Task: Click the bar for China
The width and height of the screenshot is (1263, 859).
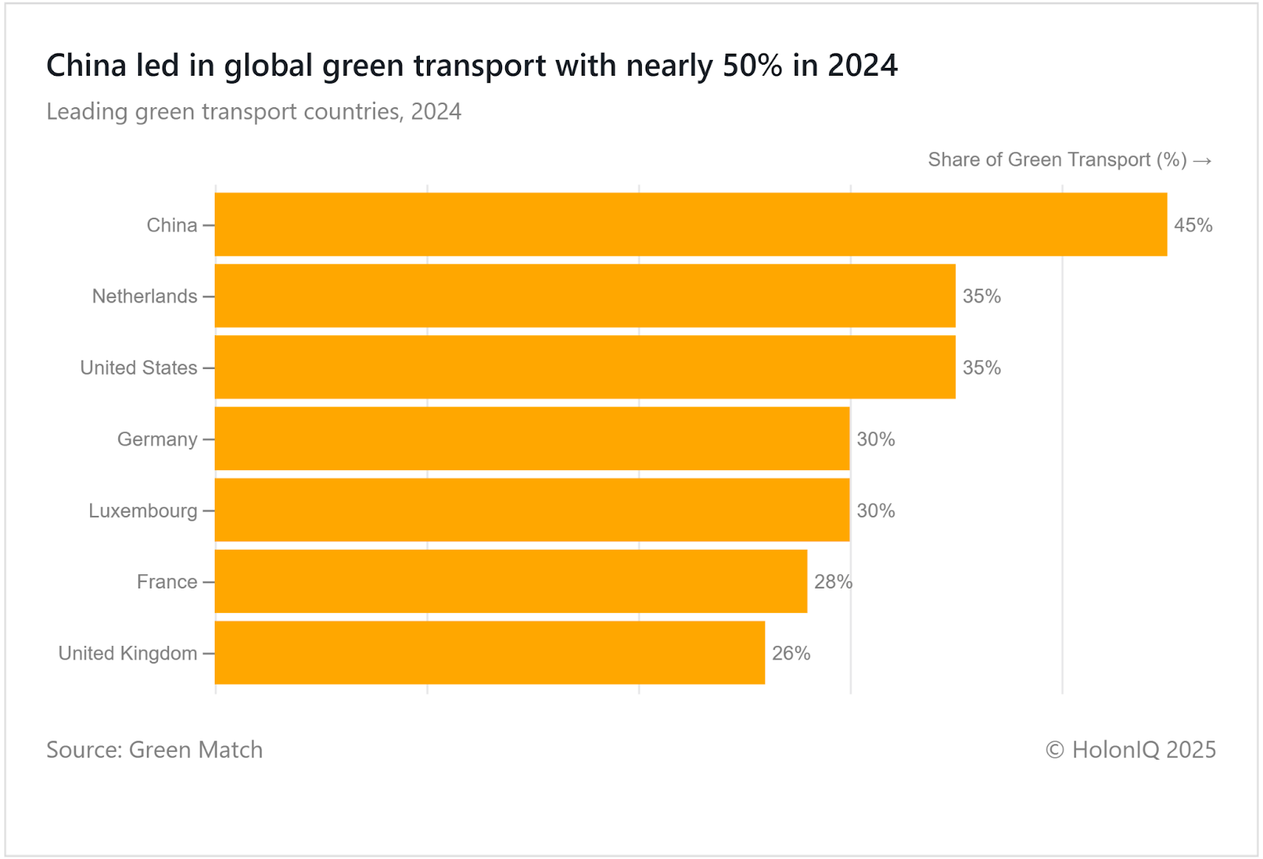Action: pos(691,225)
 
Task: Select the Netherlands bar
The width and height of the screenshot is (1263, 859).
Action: pos(585,296)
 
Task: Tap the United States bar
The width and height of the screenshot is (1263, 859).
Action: pos(585,368)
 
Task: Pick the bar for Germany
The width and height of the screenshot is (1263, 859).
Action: pos(532,439)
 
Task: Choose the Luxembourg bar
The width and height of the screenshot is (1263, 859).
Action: pos(532,510)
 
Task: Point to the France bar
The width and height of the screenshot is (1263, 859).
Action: pos(511,581)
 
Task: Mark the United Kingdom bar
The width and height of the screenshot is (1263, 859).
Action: pos(489,653)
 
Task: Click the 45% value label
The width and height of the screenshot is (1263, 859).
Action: pos(1193,226)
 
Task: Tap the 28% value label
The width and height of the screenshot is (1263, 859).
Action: pos(833,582)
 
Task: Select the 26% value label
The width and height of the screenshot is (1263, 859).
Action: pos(791,653)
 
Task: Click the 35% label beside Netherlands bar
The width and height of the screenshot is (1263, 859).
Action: pos(981,297)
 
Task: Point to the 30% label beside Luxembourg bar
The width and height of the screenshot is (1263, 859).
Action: pos(875,511)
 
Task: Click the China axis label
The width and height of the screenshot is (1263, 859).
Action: pos(171,226)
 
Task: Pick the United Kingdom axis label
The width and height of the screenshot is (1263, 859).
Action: pos(128,653)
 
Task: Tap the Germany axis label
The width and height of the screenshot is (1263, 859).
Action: pos(157,439)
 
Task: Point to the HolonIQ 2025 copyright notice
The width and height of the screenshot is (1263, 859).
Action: pos(1130,749)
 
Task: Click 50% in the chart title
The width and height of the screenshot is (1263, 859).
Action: pos(752,65)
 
